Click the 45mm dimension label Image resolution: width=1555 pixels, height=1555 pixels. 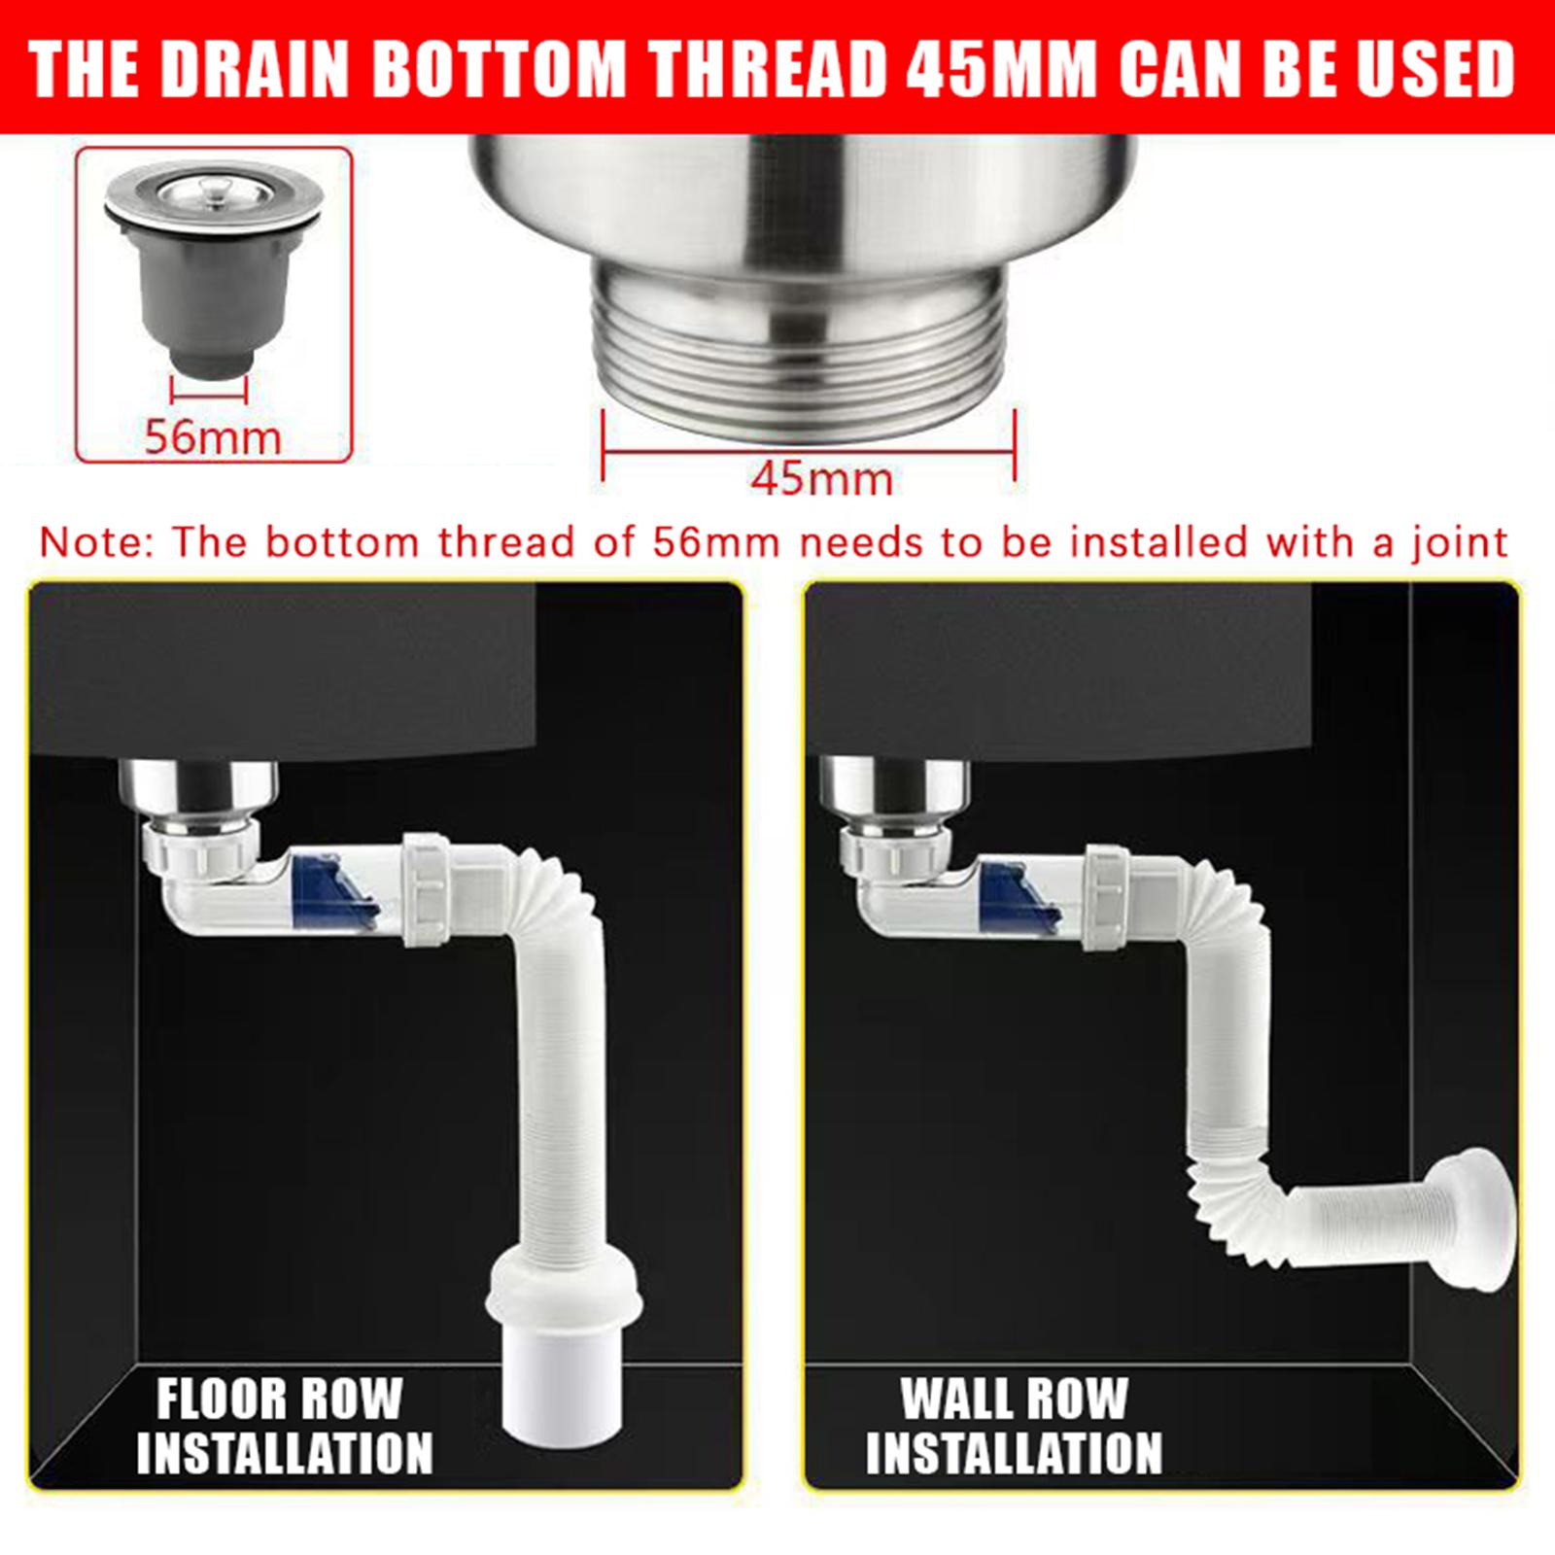[822, 479]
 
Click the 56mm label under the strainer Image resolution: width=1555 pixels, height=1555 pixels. [213, 436]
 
